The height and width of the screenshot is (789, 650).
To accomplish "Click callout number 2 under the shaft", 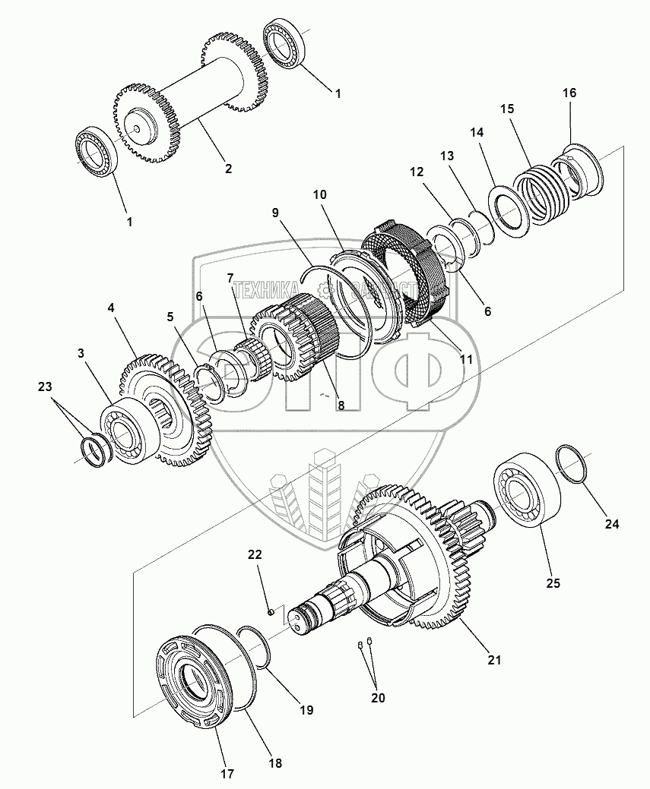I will coord(227,169).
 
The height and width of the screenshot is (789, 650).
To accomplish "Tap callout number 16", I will coord(569,93).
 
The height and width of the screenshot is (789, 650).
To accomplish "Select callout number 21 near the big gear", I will coord(495,660).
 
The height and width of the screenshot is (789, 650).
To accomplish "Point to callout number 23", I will coord(46,387).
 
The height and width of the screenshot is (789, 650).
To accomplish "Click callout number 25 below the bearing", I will coord(553,583).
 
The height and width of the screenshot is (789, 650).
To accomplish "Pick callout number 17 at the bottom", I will coord(227,774).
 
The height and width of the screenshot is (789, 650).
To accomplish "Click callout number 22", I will coord(254,555).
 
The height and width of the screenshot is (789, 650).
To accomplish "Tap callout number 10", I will coord(319,194).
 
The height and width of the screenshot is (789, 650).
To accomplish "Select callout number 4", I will coord(111,308).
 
